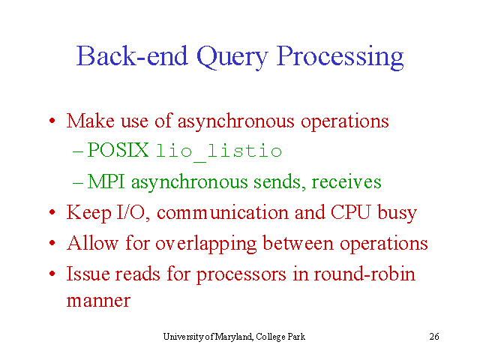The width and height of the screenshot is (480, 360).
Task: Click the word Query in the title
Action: click(232, 58)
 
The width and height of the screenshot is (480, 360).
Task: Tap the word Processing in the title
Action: click(340, 58)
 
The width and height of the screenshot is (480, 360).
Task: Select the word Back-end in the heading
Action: click(132, 55)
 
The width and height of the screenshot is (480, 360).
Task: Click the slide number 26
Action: click(434, 337)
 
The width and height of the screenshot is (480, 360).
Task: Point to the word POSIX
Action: click(118, 150)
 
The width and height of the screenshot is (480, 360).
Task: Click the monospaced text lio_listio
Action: click(219, 151)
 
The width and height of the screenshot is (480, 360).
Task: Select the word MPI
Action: click(106, 181)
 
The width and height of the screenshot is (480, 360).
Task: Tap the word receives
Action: click(346, 181)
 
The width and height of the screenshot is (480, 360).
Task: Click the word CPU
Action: click(350, 211)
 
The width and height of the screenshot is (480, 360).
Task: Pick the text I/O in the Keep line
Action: click(130, 212)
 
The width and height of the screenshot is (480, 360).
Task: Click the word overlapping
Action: click(206, 244)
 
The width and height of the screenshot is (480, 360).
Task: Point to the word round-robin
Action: click(364, 273)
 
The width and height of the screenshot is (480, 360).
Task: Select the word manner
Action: click(98, 301)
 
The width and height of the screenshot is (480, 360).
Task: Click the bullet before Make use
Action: click(52, 121)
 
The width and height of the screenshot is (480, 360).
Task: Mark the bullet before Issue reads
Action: click(52, 273)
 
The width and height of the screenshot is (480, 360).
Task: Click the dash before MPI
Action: click(78, 183)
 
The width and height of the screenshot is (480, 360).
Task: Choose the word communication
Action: click(223, 212)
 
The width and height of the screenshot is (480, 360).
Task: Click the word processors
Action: click(241, 274)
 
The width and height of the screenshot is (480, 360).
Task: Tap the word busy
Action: click(397, 212)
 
